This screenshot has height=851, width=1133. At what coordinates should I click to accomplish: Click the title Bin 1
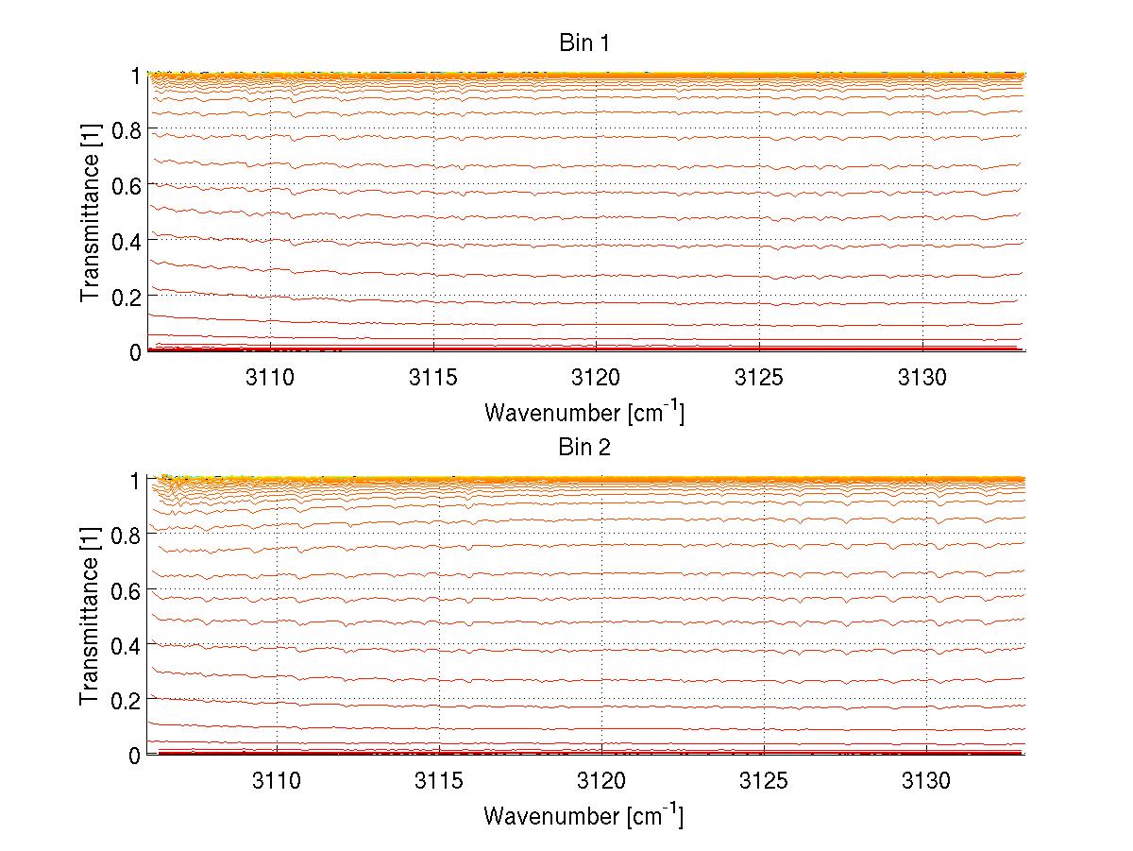tap(584, 43)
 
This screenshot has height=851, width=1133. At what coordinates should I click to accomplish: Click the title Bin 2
tap(584, 447)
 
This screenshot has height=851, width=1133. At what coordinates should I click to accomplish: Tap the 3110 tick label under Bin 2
tap(276, 782)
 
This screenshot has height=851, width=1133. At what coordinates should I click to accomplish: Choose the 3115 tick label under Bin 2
tap(439, 782)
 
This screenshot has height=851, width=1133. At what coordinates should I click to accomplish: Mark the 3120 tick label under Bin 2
tap(601, 782)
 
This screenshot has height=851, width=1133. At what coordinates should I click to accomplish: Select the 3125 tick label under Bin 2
tap(763, 782)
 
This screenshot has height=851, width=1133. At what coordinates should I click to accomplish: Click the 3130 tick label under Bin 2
tap(926, 782)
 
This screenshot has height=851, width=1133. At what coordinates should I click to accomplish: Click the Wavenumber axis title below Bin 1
tap(583, 412)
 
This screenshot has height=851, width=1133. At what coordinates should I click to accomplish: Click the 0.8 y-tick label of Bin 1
tap(126, 130)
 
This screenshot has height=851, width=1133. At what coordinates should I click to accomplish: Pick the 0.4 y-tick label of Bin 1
tap(126, 241)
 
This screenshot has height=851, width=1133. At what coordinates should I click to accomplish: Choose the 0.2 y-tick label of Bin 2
tap(126, 700)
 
